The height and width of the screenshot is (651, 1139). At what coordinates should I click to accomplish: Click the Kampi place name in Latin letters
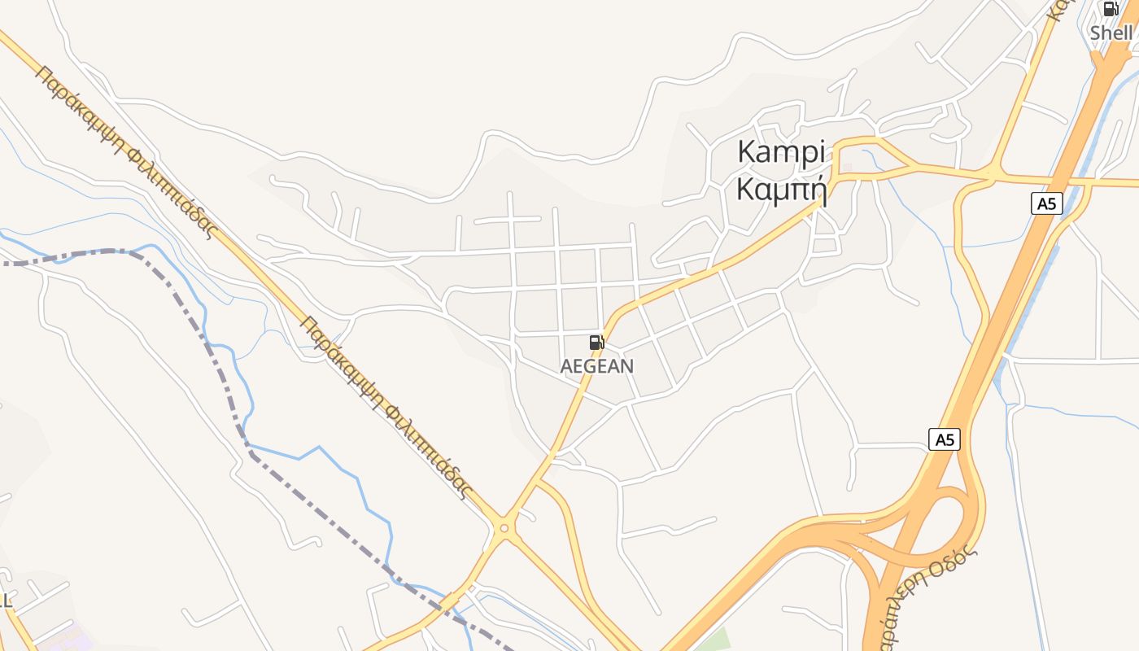tap(780, 152)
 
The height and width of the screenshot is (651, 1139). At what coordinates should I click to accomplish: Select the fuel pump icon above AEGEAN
tap(596, 343)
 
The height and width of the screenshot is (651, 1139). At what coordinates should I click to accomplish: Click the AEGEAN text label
tap(596, 366)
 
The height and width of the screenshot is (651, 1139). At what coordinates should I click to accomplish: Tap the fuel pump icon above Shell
tap(1110, 10)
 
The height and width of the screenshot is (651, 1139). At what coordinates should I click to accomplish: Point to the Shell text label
tap(1111, 33)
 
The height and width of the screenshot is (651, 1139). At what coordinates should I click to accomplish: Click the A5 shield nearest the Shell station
tap(1047, 203)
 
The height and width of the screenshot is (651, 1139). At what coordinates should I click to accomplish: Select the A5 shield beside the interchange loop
tap(944, 439)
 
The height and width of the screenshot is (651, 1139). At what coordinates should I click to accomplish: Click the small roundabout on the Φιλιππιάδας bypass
tap(504, 529)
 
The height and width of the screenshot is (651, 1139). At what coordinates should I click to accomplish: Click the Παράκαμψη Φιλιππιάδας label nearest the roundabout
tap(386, 407)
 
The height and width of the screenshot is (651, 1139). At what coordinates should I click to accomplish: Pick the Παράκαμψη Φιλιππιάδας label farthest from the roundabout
tap(126, 151)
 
